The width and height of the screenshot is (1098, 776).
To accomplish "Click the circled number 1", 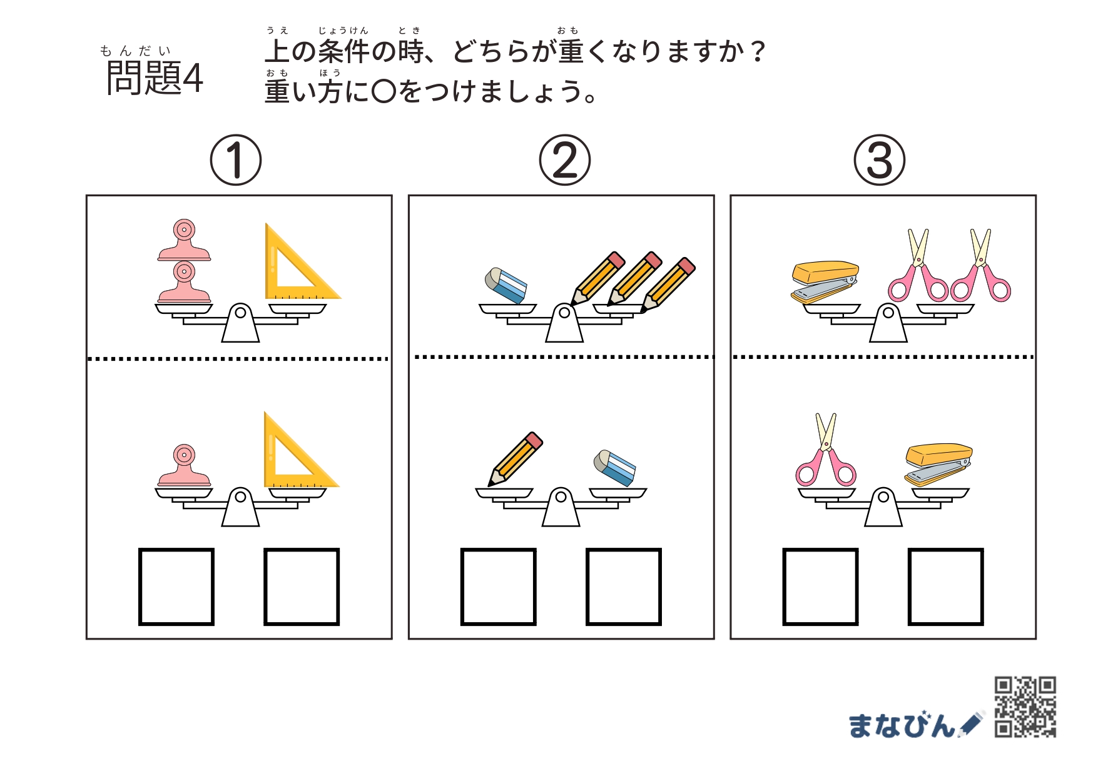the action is (235, 160).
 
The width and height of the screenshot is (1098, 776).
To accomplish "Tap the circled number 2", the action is (564, 160).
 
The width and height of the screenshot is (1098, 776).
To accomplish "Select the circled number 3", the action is (879, 160).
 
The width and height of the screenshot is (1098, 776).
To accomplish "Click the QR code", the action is (1025, 707).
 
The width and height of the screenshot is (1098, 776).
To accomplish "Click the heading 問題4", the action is (155, 78).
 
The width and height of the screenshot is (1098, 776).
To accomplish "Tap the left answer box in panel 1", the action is (176, 587).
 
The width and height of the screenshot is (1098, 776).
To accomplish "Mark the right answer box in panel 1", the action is (302, 587).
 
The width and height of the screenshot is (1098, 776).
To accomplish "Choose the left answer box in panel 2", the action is (499, 587).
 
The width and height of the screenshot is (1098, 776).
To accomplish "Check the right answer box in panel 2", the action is (624, 587).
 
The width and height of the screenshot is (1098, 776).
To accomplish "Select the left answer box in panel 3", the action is (820, 587).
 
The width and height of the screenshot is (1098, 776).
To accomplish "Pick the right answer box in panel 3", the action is (945, 587).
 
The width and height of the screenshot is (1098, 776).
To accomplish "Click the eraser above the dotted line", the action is (506, 286).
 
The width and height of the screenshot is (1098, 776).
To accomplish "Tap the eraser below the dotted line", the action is (615, 468).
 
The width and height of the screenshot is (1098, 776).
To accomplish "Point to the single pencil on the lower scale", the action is (516, 459).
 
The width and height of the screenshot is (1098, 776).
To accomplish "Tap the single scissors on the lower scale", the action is (826, 450).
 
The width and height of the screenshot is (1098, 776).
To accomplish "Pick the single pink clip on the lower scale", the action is (184, 465).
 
